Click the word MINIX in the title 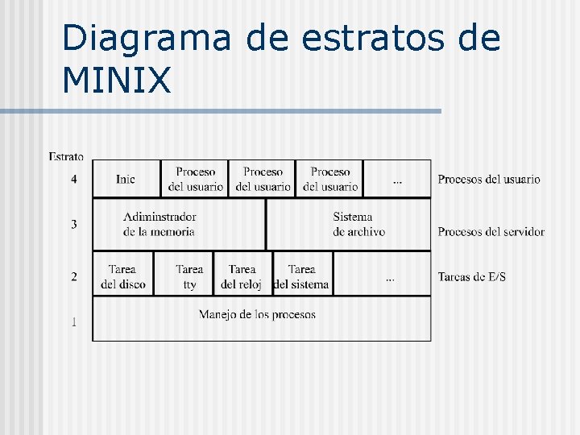[x=116, y=80]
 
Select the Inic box [x=126, y=179]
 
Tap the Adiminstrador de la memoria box [x=159, y=224]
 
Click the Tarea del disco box [x=123, y=276]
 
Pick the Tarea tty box [x=189, y=276]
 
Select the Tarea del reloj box [x=242, y=276]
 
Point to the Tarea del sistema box [x=301, y=276]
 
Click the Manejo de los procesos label [x=258, y=314]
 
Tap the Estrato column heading [x=66, y=156]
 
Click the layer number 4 [x=74, y=179]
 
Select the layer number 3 [x=74, y=224]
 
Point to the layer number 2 [x=74, y=276]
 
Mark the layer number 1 [x=74, y=322]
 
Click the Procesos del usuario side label [x=489, y=179]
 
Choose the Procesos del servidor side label [x=491, y=232]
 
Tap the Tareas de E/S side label [x=472, y=277]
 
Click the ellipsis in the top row [x=397, y=182]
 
